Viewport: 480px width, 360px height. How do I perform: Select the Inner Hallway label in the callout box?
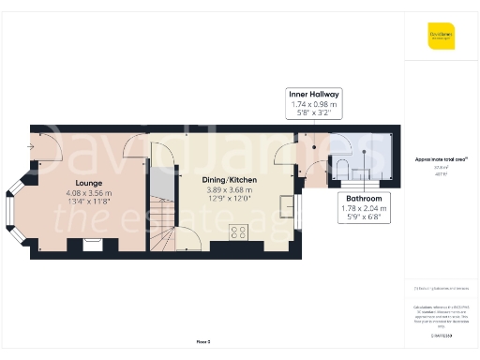point(314,95)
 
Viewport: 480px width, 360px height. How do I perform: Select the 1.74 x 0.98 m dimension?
point(314,104)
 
